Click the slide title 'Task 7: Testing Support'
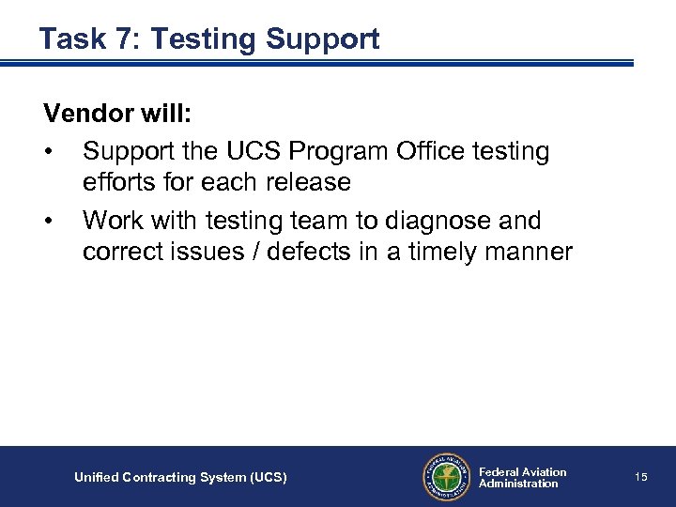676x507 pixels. click(209, 39)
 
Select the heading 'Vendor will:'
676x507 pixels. click(118, 115)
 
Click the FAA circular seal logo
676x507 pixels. click(446, 477)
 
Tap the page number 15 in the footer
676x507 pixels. click(641, 477)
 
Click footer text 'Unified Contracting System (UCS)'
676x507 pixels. click(180, 478)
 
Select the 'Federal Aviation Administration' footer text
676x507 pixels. click(522, 478)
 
